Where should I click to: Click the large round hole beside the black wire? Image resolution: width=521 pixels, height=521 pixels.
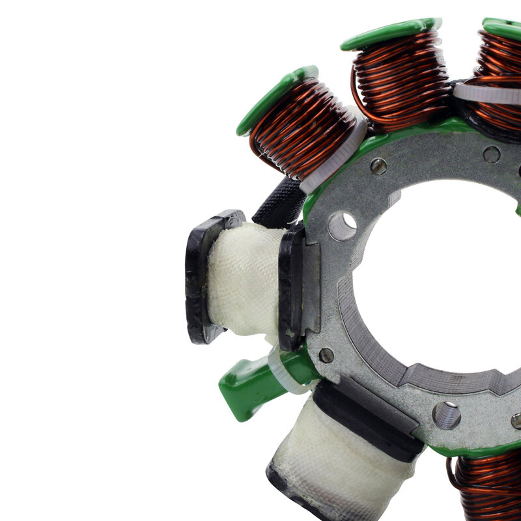pos(342,226)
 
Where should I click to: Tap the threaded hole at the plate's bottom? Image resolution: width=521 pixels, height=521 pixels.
pos(446,415)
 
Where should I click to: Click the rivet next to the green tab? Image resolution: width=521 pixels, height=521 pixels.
pos(326,355)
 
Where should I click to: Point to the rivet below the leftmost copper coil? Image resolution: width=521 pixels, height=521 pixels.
pos(378,166)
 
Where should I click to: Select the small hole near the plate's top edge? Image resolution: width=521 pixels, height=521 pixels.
pos(492,154)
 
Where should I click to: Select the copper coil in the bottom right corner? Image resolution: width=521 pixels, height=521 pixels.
pos(488,485)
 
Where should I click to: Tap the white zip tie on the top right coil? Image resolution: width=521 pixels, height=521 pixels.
pos(485,92)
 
